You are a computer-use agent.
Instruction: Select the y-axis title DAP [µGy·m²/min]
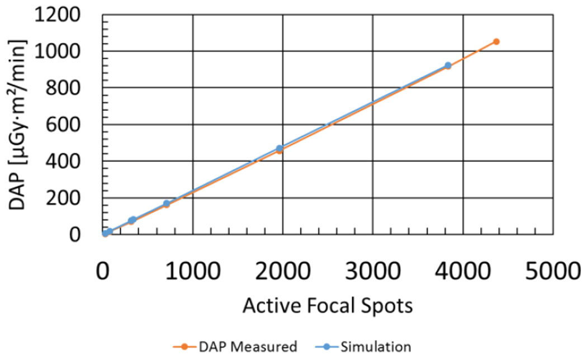[x=18, y=124]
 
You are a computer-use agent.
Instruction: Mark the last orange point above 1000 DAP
[x=496, y=41]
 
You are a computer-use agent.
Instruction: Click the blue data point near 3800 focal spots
[x=448, y=65]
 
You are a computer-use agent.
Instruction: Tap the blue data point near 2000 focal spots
[x=280, y=148]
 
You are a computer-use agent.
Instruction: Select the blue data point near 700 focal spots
[x=167, y=203]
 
